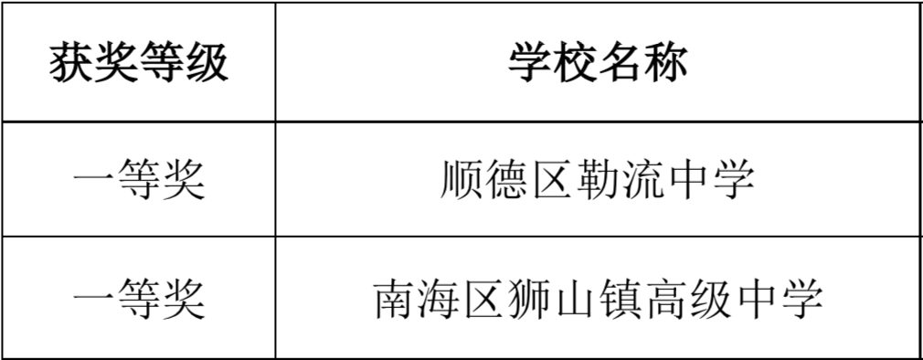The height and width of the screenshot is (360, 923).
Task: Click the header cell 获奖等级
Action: [x=138, y=62]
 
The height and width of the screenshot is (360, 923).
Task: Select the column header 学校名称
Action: [x=598, y=62]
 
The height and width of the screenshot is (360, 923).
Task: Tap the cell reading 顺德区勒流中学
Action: [x=598, y=179]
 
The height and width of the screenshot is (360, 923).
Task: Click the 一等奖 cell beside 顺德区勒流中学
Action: [x=138, y=179]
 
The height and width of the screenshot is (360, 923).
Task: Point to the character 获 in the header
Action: [x=70, y=62]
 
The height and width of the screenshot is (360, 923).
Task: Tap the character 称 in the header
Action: [x=666, y=62]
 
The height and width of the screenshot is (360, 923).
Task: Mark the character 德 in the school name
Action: [x=507, y=179]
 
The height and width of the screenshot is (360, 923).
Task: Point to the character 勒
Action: [x=598, y=179]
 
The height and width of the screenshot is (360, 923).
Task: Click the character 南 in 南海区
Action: [x=396, y=300]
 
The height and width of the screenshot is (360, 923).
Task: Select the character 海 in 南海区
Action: [x=440, y=300]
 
